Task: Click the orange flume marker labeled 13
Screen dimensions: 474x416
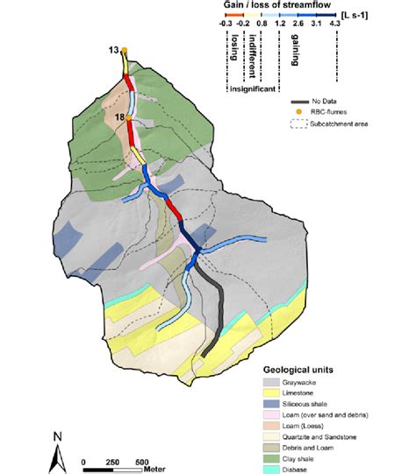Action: (126, 51)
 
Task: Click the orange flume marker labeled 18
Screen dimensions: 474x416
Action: (128, 117)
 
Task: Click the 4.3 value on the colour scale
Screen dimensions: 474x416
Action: (334, 24)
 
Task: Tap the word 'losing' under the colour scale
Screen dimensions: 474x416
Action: (235, 53)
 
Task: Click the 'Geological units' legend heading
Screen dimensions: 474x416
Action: (298, 369)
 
